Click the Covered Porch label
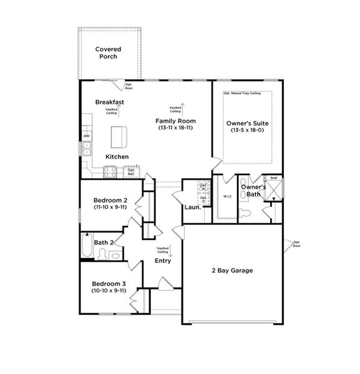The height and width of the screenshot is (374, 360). point(108,52)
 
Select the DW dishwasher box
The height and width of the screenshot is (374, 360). point(87,136)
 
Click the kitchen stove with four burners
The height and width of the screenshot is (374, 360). point(110,171)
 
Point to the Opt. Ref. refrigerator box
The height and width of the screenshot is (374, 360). point(132,171)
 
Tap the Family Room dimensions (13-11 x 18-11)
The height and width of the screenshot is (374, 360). point(175,128)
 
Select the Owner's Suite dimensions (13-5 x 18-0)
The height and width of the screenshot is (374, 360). point(247,130)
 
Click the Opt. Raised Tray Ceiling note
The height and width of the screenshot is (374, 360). point(247,93)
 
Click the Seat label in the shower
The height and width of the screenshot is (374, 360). point(273,178)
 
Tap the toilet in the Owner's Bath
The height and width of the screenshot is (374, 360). point(246,213)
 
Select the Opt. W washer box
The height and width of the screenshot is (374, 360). point(203,186)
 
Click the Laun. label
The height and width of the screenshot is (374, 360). point(192,207)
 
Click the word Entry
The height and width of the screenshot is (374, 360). point(163,261)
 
